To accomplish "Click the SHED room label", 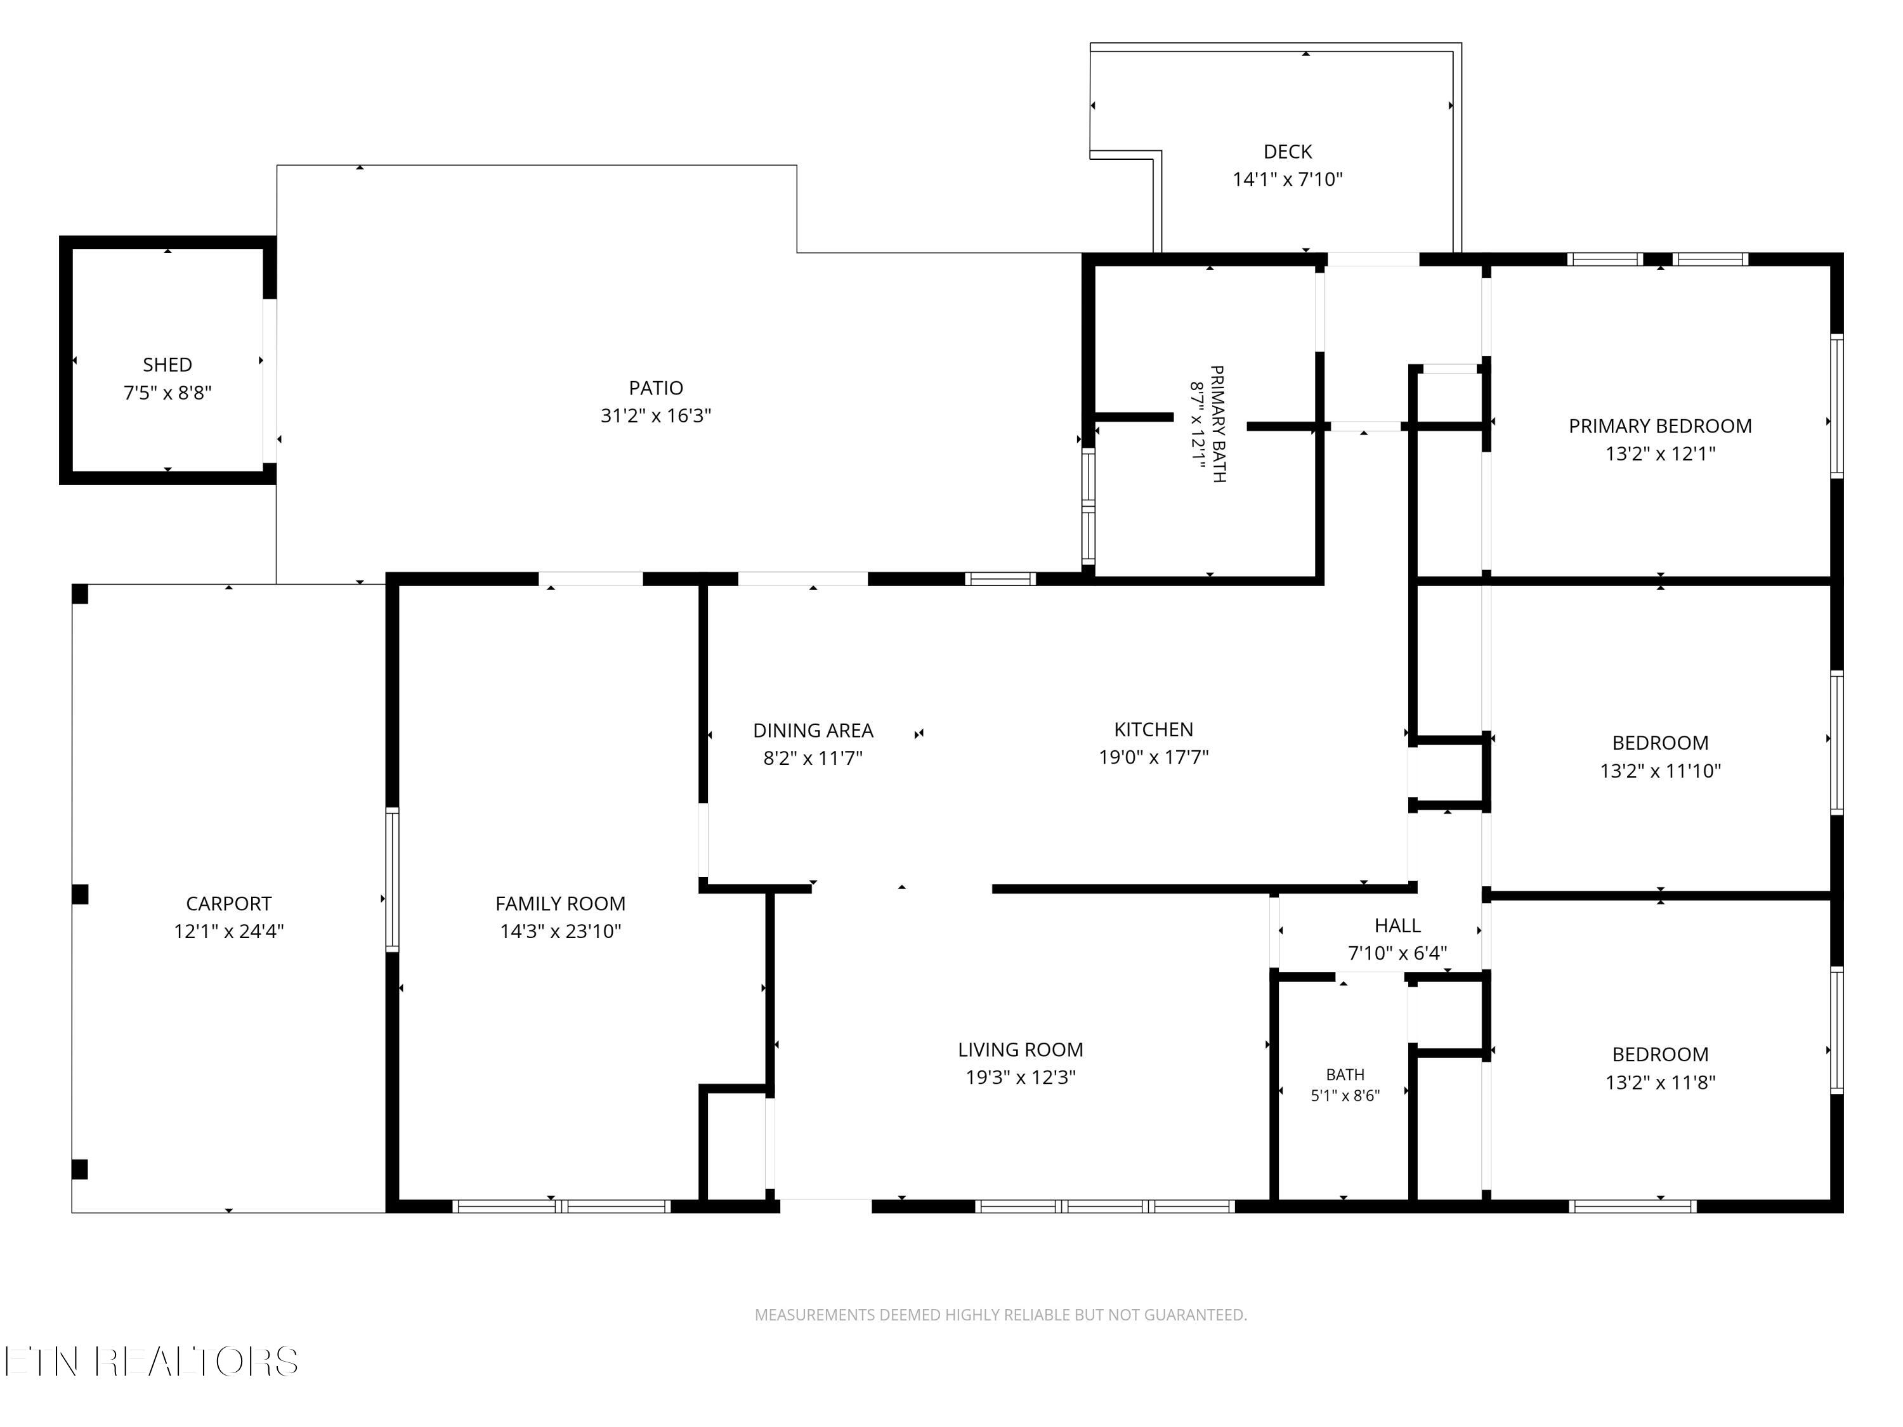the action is (167, 365).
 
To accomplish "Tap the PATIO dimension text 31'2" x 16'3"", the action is (655, 415).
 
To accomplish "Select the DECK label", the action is (1288, 152).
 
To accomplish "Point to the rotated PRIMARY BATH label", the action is (1217, 424).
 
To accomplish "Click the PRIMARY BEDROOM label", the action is (1659, 426).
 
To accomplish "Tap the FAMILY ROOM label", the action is (560, 903).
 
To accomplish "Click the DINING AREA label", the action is (813, 730).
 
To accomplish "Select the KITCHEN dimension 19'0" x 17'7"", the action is (1154, 757).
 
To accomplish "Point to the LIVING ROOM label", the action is (1020, 1050).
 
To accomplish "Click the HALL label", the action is (1397, 925).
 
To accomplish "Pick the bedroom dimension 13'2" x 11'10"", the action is (1659, 771).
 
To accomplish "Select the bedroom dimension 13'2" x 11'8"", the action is (1659, 1082).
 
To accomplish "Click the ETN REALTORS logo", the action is (152, 1362).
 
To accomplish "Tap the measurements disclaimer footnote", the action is (1000, 1314).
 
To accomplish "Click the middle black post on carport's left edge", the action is (80, 894).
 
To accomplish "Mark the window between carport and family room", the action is (392, 879).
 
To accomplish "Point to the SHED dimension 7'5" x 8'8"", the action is (167, 392).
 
